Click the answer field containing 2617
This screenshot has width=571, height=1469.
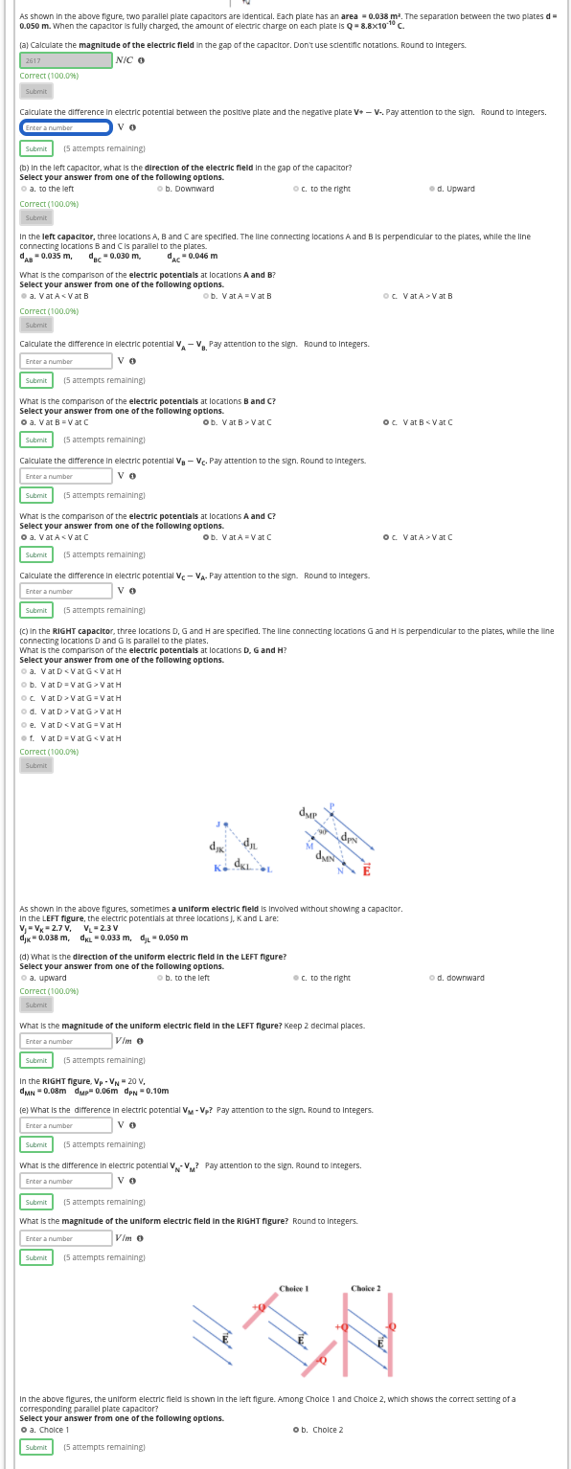point(65,60)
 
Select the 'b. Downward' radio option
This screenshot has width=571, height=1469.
point(159,189)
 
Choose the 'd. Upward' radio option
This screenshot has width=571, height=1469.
point(432,189)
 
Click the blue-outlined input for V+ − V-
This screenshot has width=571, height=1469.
point(65,127)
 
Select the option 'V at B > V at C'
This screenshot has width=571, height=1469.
point(206,422)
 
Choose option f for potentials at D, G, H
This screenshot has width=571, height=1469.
point(24,738)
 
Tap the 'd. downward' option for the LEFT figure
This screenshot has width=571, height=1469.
point(432,978)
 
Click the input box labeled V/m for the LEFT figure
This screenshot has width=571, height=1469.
point(65,1041)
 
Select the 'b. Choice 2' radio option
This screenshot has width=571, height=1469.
point(296,1430)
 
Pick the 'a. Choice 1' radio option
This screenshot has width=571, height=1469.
point(24,1430)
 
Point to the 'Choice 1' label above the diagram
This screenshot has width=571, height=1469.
point(293,1289)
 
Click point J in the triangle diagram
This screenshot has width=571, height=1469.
point(220,824)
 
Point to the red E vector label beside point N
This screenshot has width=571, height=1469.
point(366,870)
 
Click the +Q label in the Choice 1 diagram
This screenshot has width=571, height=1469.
point(257,1308)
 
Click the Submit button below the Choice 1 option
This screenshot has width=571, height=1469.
point(36,1447)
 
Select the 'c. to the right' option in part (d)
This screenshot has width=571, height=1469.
point(296,978)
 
